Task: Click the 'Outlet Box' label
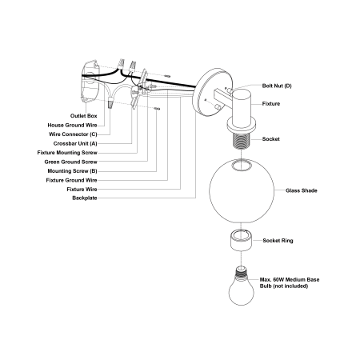click(84, 116)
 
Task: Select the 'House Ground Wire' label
click(72, 126)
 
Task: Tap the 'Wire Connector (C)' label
click(73, 134)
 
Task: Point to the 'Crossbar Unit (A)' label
click(75, 143)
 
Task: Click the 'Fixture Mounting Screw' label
click(67, 153)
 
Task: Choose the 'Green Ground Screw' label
click(71, 162)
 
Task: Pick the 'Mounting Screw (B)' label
click(72, 171)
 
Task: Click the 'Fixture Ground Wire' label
click(71, 180)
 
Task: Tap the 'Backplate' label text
click(85, 198)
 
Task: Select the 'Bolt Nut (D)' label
click(277, 86)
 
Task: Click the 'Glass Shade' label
click(302, 190)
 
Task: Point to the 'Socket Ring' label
click(278, 241)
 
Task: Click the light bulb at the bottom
click(241, 286)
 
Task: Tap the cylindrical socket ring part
click(241, 240)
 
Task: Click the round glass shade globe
click(242, 191)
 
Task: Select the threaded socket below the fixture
click(242, 141)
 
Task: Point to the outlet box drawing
click(90, 82)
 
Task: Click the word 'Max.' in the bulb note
click(266, 280)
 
